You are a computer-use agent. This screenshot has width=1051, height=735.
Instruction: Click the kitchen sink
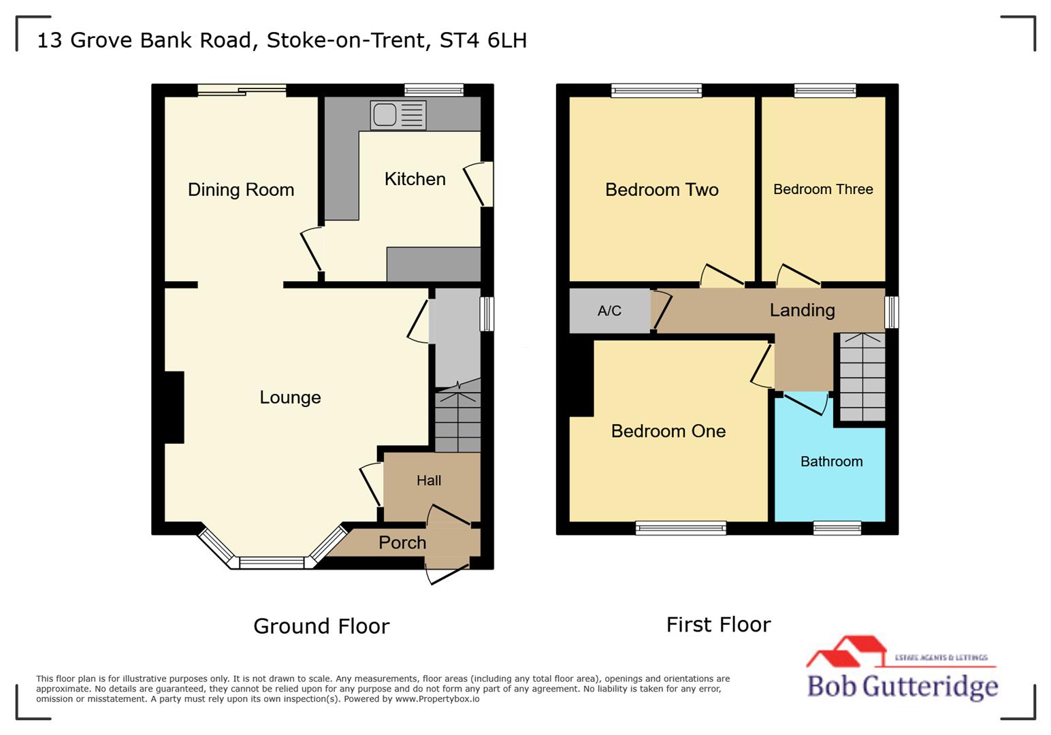pyautogui.click(x=398, y=114)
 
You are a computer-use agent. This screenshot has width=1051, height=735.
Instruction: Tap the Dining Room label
pyautogui.click(x=241, y=190)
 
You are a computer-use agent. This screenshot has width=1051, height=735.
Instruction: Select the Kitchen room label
pyautogui.click(x=415, y=179)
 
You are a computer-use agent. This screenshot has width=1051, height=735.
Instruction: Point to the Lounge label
pyautogui.click(x=290, y=397)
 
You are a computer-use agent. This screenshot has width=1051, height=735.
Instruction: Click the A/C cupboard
pyautogui.click(x=609, y=311)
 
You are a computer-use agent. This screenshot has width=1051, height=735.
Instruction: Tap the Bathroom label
pyautogui.click(x=831, y=461)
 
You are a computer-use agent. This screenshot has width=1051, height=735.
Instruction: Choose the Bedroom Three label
pyautogui.click(x=823, y=189)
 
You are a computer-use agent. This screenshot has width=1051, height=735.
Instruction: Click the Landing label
pyautogui.click(x=802, y=310)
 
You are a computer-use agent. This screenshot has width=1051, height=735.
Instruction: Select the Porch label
pyautogui.click(x=402, y=542)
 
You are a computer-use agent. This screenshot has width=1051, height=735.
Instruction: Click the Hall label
pyautogui.click(x=429, y=480)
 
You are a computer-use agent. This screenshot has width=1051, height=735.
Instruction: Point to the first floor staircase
pyautogui.click(x=862, y=376)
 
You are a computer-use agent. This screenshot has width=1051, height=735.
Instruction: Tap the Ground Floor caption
pyautogui.click(x=321, y=626)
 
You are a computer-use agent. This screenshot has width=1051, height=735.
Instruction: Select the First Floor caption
pyautogui.click(x=718, y=624)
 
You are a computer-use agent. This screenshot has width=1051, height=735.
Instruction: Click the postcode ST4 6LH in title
pyautogui.click(x=483, y=40)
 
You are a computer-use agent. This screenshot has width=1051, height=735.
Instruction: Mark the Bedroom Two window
pyautogui.click(x=656, y=91)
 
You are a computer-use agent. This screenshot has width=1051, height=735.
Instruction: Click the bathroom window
pyautogui.click(x=837, y=528)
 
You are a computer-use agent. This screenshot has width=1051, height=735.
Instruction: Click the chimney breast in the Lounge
pyautogui.click(x=174, y=407)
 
